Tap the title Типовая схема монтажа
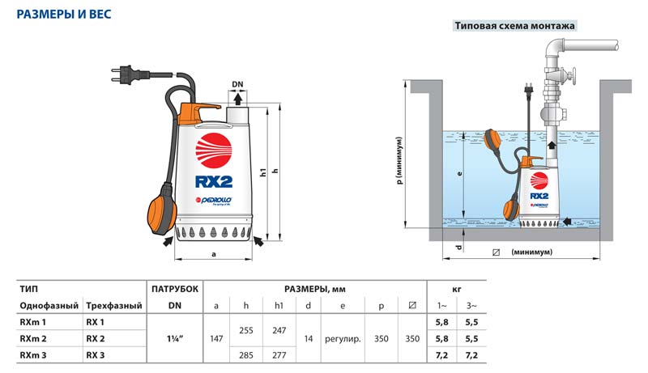[514, 26]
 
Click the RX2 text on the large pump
[214, 180]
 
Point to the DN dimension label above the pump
[237, 83]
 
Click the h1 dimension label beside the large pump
[265, 172]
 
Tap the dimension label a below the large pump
[213, 255]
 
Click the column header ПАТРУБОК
[173, 288]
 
